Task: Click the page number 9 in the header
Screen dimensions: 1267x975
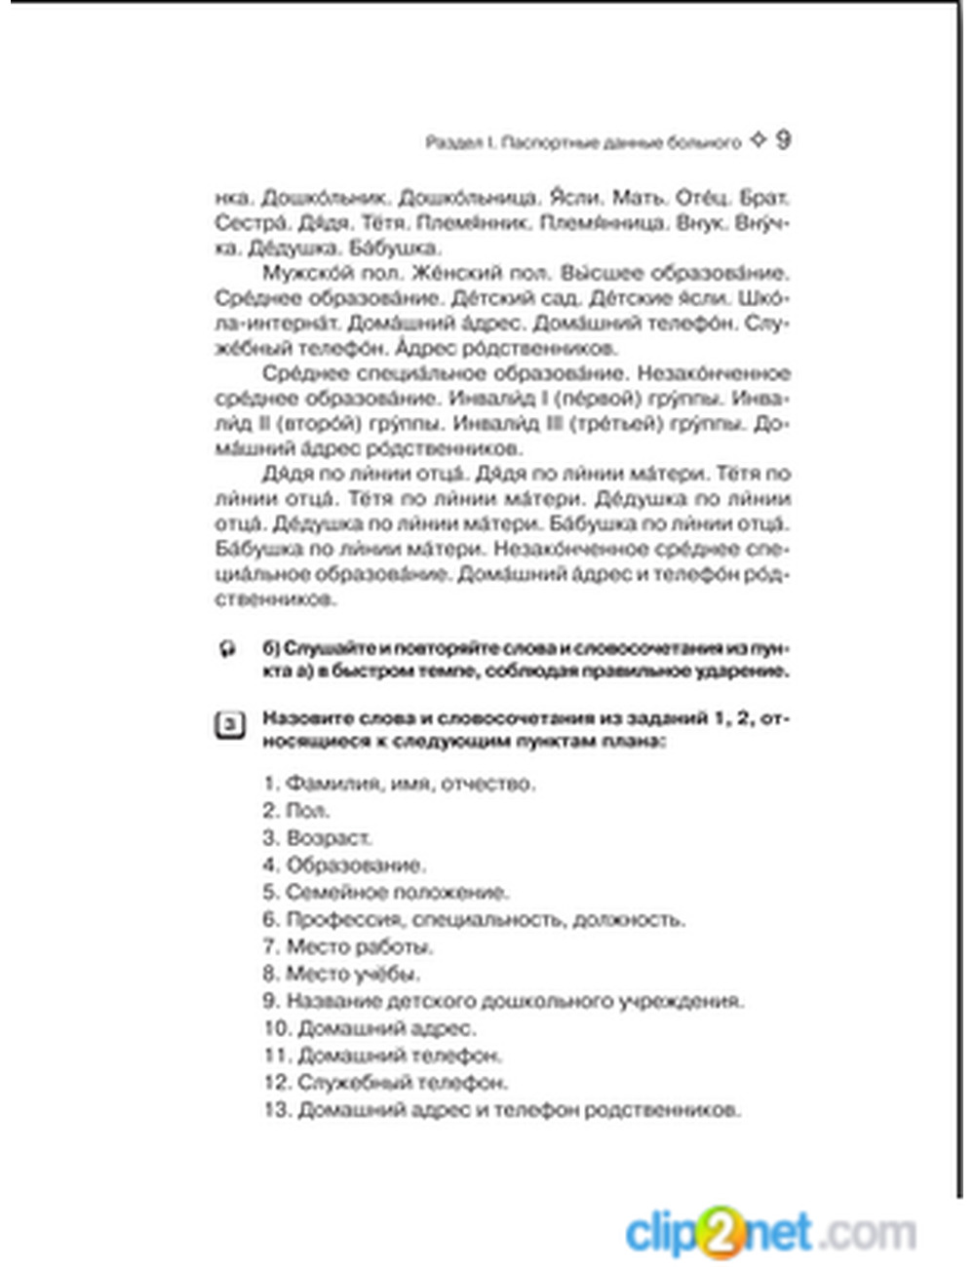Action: tap(783, 140)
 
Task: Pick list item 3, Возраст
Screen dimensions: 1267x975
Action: tap(317, 838)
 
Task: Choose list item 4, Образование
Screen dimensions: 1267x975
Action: tap(343, 865)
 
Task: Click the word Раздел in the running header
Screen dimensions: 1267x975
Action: tap(452, 142)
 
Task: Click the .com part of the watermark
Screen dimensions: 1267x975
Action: tap(868, 1233)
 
